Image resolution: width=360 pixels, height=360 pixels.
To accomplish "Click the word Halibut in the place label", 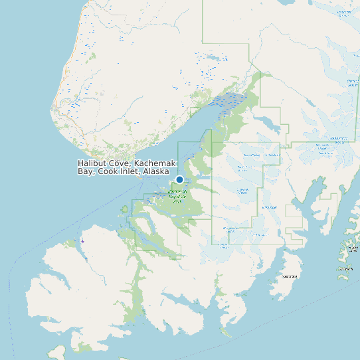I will [92, 163].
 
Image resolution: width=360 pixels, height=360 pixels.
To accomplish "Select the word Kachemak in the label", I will [155, 163].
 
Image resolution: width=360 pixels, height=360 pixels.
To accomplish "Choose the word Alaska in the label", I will [156, 171].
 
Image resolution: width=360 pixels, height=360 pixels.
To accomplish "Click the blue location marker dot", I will [179, 179].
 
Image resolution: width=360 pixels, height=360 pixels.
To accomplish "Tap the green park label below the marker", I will [177, 196].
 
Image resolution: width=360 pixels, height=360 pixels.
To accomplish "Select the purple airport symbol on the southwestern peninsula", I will [82, 240].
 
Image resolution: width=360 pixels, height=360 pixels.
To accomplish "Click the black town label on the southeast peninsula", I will [290, 276].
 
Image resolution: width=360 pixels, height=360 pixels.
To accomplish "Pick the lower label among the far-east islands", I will [345, 269].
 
